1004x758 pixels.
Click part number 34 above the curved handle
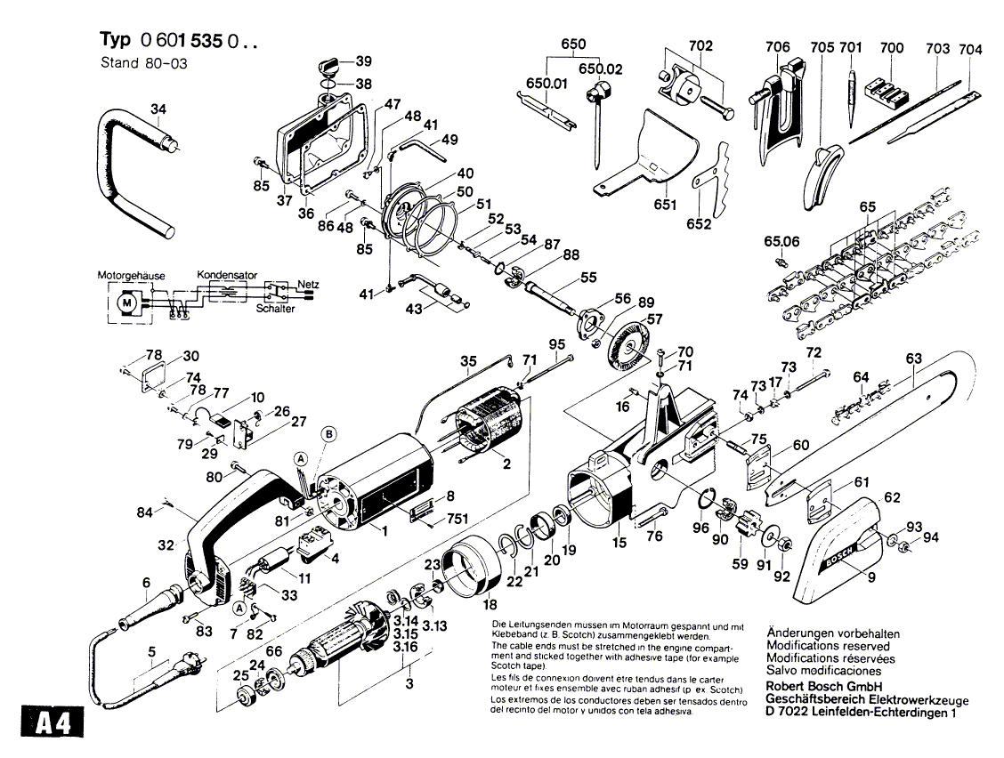[158, 109]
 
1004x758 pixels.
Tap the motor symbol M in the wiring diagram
[128, 301]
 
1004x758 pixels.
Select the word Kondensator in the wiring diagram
[227, 275]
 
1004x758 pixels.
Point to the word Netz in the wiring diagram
[308, 285]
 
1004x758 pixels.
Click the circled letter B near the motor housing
[328, 435]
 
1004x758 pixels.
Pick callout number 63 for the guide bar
[914, 359]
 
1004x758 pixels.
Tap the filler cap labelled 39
[332, 65]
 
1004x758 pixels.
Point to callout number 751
[457, 520]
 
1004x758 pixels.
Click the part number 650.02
[601, 69]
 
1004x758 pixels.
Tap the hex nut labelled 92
[781, 545]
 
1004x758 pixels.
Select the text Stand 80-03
[144, 63]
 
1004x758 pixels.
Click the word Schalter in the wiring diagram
[275, 309]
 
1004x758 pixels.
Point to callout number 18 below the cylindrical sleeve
[490, 604]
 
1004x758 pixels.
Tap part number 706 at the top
[777, 47]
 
